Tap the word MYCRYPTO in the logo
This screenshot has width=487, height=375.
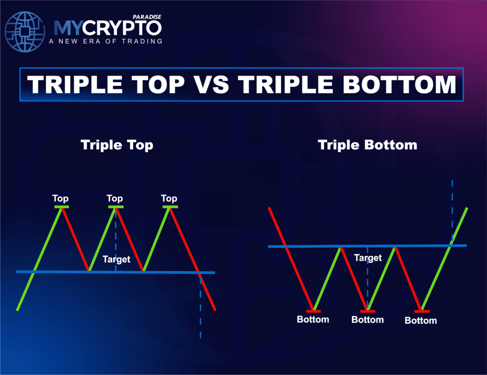click(107, 28)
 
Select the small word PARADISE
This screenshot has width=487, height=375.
click(148, 16)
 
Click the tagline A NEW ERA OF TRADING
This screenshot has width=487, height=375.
click(106, 41)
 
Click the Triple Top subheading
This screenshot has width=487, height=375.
click(117, 145)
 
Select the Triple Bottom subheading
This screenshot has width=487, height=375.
click(367, 145)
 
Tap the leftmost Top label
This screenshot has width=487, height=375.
click(60, 198)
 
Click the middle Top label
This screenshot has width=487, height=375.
click(115, 198)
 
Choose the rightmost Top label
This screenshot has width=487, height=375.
click(169, 198)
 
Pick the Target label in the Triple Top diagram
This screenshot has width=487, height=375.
click(116, 259)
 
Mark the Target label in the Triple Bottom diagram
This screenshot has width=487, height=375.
click(368, 258)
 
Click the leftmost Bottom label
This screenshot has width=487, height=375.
click(313, 319)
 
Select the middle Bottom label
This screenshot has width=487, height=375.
click(367, 319)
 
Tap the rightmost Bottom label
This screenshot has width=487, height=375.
click(420, 320)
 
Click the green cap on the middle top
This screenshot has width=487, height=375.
click(116, 207)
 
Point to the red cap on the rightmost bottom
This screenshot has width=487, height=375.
click(422, 311)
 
